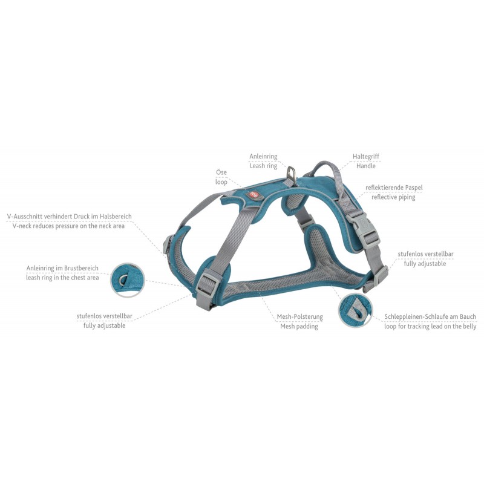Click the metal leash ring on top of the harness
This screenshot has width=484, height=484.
click(x=291, y=174)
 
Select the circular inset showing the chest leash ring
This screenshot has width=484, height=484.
click(x=128, y=280)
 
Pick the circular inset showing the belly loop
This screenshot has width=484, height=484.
click(x=355, y=310)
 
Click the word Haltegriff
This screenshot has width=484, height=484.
click(x=366, y=157)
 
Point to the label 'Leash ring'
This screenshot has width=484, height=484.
click(x=263, y=166)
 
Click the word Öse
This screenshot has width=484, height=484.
click(x=221, y=172)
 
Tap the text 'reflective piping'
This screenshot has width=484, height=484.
click(x=393, y=197)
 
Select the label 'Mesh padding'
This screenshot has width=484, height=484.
click(x=299, y=326)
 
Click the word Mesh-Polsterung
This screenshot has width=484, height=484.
click(x=299, y=316)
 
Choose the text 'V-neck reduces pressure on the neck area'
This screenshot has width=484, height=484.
click(x=68, y=226)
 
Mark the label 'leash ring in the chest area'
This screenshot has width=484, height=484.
click(x=62, y=278)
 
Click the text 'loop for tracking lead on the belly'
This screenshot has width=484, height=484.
click(x=430, y=326)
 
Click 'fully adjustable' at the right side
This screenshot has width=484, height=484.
click(x=425, y=264)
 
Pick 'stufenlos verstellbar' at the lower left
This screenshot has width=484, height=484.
click(x=104, y=316)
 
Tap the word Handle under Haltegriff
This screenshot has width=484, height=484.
click(x=366, y=166)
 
